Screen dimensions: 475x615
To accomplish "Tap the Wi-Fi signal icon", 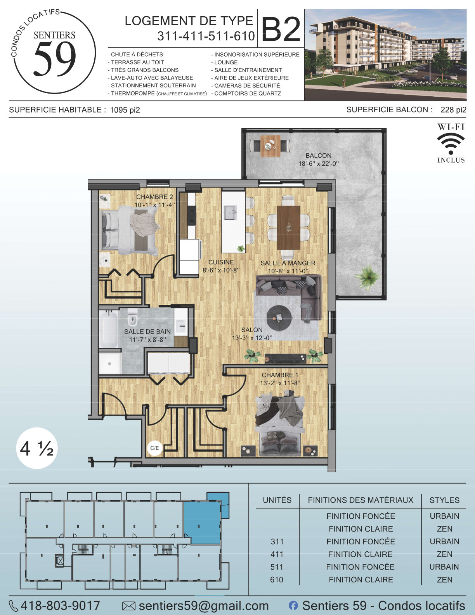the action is coord(451,144).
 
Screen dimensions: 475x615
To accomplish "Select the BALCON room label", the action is coord(318,155).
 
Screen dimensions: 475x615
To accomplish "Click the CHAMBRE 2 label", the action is coord(154,197).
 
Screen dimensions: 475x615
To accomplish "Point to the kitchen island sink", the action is coord(230,213).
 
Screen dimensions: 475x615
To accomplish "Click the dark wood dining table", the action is coord(288,228).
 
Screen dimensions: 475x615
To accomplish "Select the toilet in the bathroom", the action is coord(132,318).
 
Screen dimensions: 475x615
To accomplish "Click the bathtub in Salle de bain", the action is coord(108,329).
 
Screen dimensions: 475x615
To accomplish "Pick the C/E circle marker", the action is coord(154,448).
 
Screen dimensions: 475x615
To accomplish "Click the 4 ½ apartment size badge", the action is coord(37,448).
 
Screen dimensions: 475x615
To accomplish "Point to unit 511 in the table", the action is coord(277,567).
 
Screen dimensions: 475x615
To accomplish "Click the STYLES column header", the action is coord(444,500).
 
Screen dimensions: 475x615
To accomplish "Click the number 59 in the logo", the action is coord(55,59).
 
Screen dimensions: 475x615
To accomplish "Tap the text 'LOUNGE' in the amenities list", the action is coord(226,62).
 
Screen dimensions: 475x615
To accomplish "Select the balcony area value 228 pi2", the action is coord(453,110).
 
